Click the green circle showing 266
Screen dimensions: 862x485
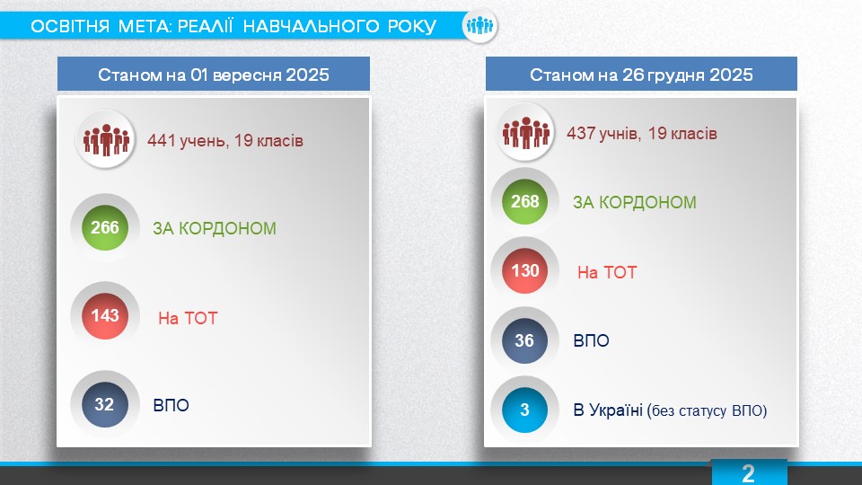[x=105, y=227]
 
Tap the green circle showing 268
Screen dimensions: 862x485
[x=525, y=201]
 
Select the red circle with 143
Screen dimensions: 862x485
[x=105, y=315]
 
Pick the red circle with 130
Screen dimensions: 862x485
[x=525, y=270]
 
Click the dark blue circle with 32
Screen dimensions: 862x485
[x=105, y=404]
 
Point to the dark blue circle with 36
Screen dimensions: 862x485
[x=525, y=340]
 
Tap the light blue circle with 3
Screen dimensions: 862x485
[x=525, y=410]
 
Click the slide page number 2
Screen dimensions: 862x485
[x=748, y=473]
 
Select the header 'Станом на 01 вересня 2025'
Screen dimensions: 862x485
[x=214, y=75]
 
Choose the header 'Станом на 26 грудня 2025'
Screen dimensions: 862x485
[x=641, y=75]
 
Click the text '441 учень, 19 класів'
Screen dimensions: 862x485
[x=224, y=141]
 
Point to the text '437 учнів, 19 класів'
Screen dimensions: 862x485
[x=641, y=134]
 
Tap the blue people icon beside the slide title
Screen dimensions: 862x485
[x=479, y=25]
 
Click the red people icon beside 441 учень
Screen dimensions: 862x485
[x=106, y=140]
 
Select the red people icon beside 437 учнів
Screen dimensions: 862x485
[x=525, y=133]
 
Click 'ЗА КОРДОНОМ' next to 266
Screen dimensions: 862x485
[x=215, y=228]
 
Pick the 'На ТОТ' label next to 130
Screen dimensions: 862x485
[x=607, y=272]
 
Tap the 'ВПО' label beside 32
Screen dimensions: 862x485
[x=171, y=405]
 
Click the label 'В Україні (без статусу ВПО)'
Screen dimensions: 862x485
[x=670, y=410]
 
